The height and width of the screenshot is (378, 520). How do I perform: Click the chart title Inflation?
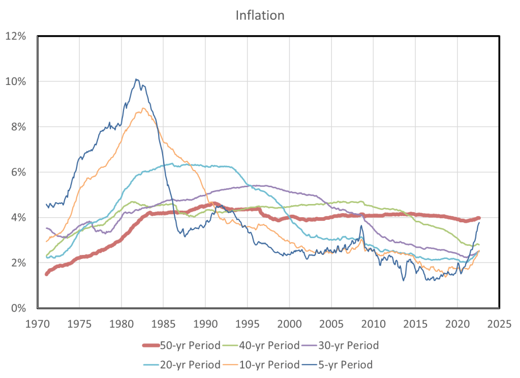[260, 15]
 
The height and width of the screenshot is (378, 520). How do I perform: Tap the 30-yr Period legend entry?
[349, 346]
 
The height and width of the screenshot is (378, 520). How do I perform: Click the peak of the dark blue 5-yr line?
[136, 79]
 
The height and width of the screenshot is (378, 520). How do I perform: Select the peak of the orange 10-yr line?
[144, 108]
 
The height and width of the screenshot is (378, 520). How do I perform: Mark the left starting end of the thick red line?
[46, 274]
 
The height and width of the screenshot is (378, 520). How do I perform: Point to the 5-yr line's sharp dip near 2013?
[404, 280]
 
